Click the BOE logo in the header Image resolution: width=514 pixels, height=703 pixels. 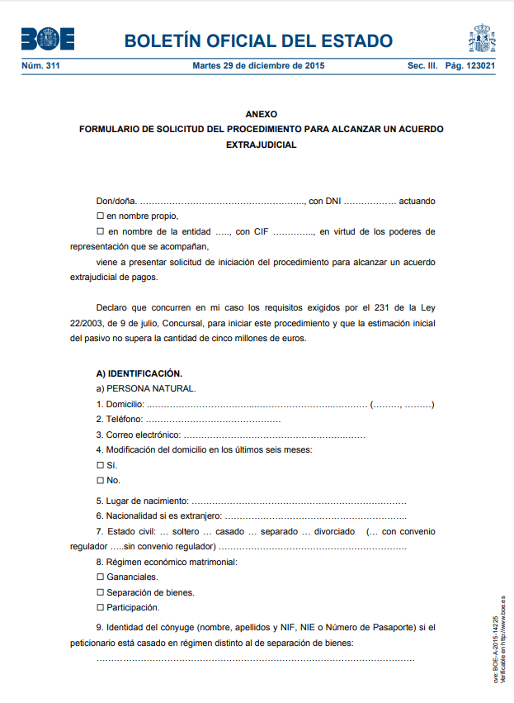tap(48, 39)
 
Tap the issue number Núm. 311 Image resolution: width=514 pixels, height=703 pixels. tap(40, 65)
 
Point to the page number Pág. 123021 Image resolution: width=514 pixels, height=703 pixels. tap(469, 65)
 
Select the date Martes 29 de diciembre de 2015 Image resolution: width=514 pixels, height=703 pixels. tap(258, 65)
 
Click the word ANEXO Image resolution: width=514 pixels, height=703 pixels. tap(261, 114)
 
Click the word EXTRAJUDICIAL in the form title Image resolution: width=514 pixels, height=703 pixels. tap(261, 145)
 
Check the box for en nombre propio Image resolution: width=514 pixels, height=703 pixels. tap(100, 216)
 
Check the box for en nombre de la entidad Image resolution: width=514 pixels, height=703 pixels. tap(100, 231)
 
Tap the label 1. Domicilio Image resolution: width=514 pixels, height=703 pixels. tap(120, 404)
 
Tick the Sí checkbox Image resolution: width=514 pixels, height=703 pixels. tap(100, 465)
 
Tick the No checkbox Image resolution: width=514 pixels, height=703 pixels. tap(100, 480)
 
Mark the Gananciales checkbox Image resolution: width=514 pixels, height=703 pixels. tap(100, 577)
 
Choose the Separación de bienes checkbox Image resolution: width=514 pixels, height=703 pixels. tap(100, 592)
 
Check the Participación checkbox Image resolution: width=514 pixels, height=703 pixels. tap(100, 607)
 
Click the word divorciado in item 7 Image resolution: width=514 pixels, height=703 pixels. tap(328, 531)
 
